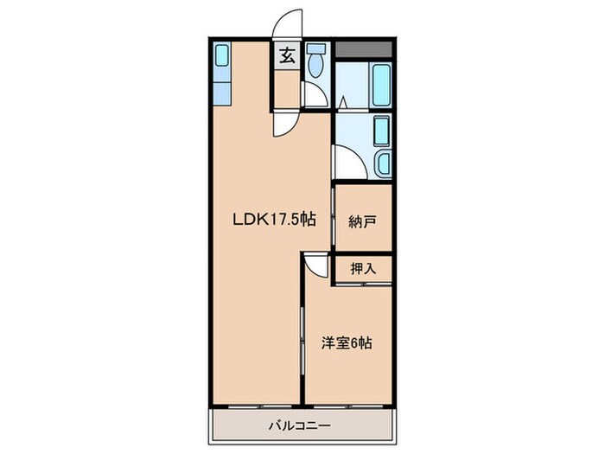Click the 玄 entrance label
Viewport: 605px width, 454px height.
(x=287, y=57)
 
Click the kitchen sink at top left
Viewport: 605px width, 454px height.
(x=222, y=60)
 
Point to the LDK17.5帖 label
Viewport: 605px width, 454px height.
(x=272, y=219)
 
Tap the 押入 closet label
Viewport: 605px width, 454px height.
(x=363, y=268)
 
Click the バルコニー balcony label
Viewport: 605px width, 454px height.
(x=299, y=425)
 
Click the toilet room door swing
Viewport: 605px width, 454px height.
(x=315, y=95)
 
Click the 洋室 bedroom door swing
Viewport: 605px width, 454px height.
(x=316, y=265)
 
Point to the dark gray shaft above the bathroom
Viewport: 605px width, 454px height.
(x=365, y=49)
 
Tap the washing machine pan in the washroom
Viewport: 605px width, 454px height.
(x=380, y=132)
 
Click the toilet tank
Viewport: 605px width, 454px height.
(x=316, y=48)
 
